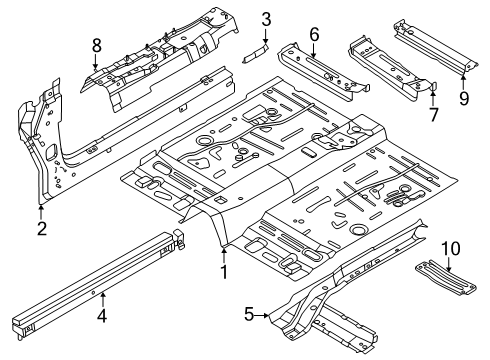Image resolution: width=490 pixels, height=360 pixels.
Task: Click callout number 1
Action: (224, 270)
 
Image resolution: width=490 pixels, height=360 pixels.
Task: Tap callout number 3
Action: (266, 18)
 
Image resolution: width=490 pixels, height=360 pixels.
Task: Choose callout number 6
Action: (313, 35)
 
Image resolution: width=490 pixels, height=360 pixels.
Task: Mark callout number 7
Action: (432, 113)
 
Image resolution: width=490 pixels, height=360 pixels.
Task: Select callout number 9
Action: (463, 97)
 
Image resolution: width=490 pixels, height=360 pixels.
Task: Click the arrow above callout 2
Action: (41, 210)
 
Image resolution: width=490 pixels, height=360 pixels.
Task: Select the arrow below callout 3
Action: (266, 38)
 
